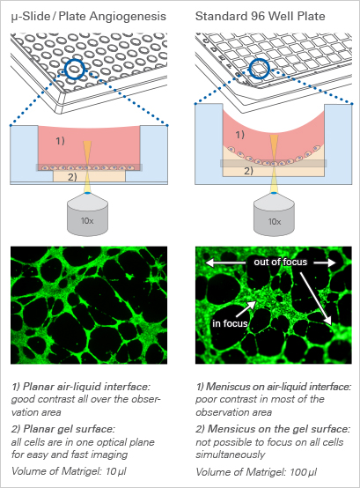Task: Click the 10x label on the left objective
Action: coord(87,221)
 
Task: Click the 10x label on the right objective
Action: coord(275,221)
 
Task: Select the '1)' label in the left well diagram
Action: coord(60,141)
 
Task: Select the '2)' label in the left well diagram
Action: coord(72,177)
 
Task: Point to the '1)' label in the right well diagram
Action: coord(239,135)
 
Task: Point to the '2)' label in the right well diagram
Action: coord(248,171)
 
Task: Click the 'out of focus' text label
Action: coord(281,262)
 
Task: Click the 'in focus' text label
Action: coord(230,323)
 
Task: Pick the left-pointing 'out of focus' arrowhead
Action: coord(209,263)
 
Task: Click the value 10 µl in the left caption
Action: coord(115,471)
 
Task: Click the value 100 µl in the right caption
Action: coord(303,472)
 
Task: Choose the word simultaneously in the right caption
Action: coord(231,455)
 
